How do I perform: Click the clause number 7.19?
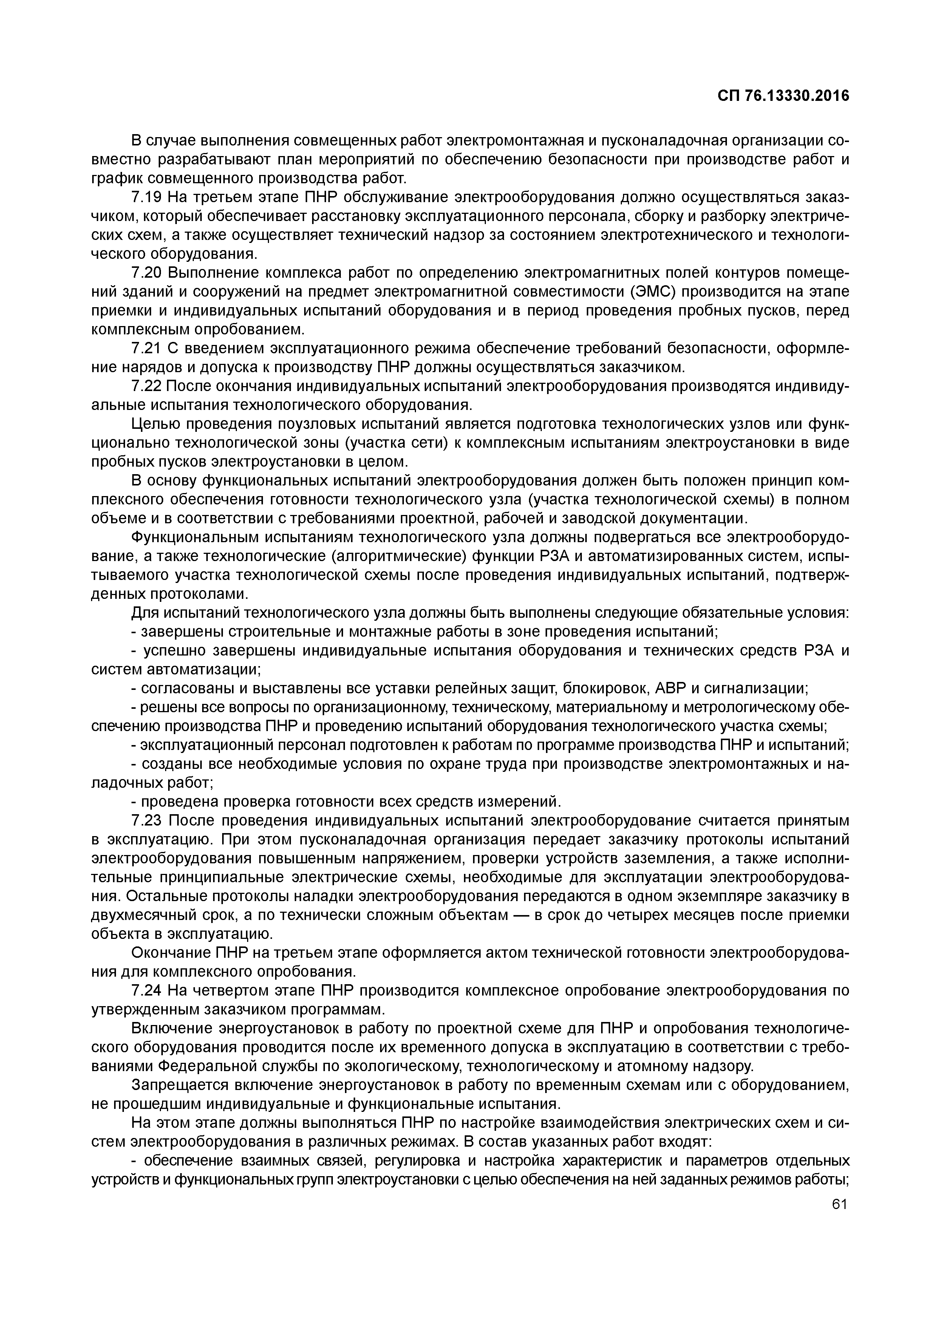(145, 197)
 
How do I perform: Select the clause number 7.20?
(145, 272)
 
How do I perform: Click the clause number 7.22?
(145, 385)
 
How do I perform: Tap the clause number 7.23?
(145, 820)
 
